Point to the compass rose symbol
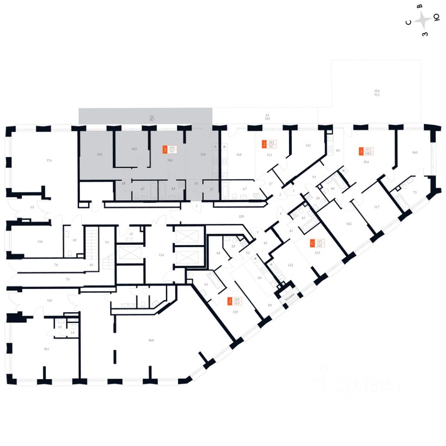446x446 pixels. pyautogui.click(x=422, y=20)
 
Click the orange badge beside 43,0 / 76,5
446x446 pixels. pyautogui.click(x=165, y=150)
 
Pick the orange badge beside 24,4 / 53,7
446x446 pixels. pyautogui.click(x=264, y=144)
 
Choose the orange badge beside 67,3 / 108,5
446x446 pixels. pyautogui.click(x=361, y=151)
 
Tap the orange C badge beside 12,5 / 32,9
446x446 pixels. pyautogui.click(x=312, y=243)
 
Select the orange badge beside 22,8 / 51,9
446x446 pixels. pyautogui.click(x=230, y=302)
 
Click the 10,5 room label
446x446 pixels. pyautogui.click(x=134, y=149)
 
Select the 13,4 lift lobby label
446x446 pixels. pyautogui.click(x=161, y=255)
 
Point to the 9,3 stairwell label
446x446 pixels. pyautogui.click(x=107, y=242)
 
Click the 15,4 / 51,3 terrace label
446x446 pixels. pyautogui.click(x=377, y=93)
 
